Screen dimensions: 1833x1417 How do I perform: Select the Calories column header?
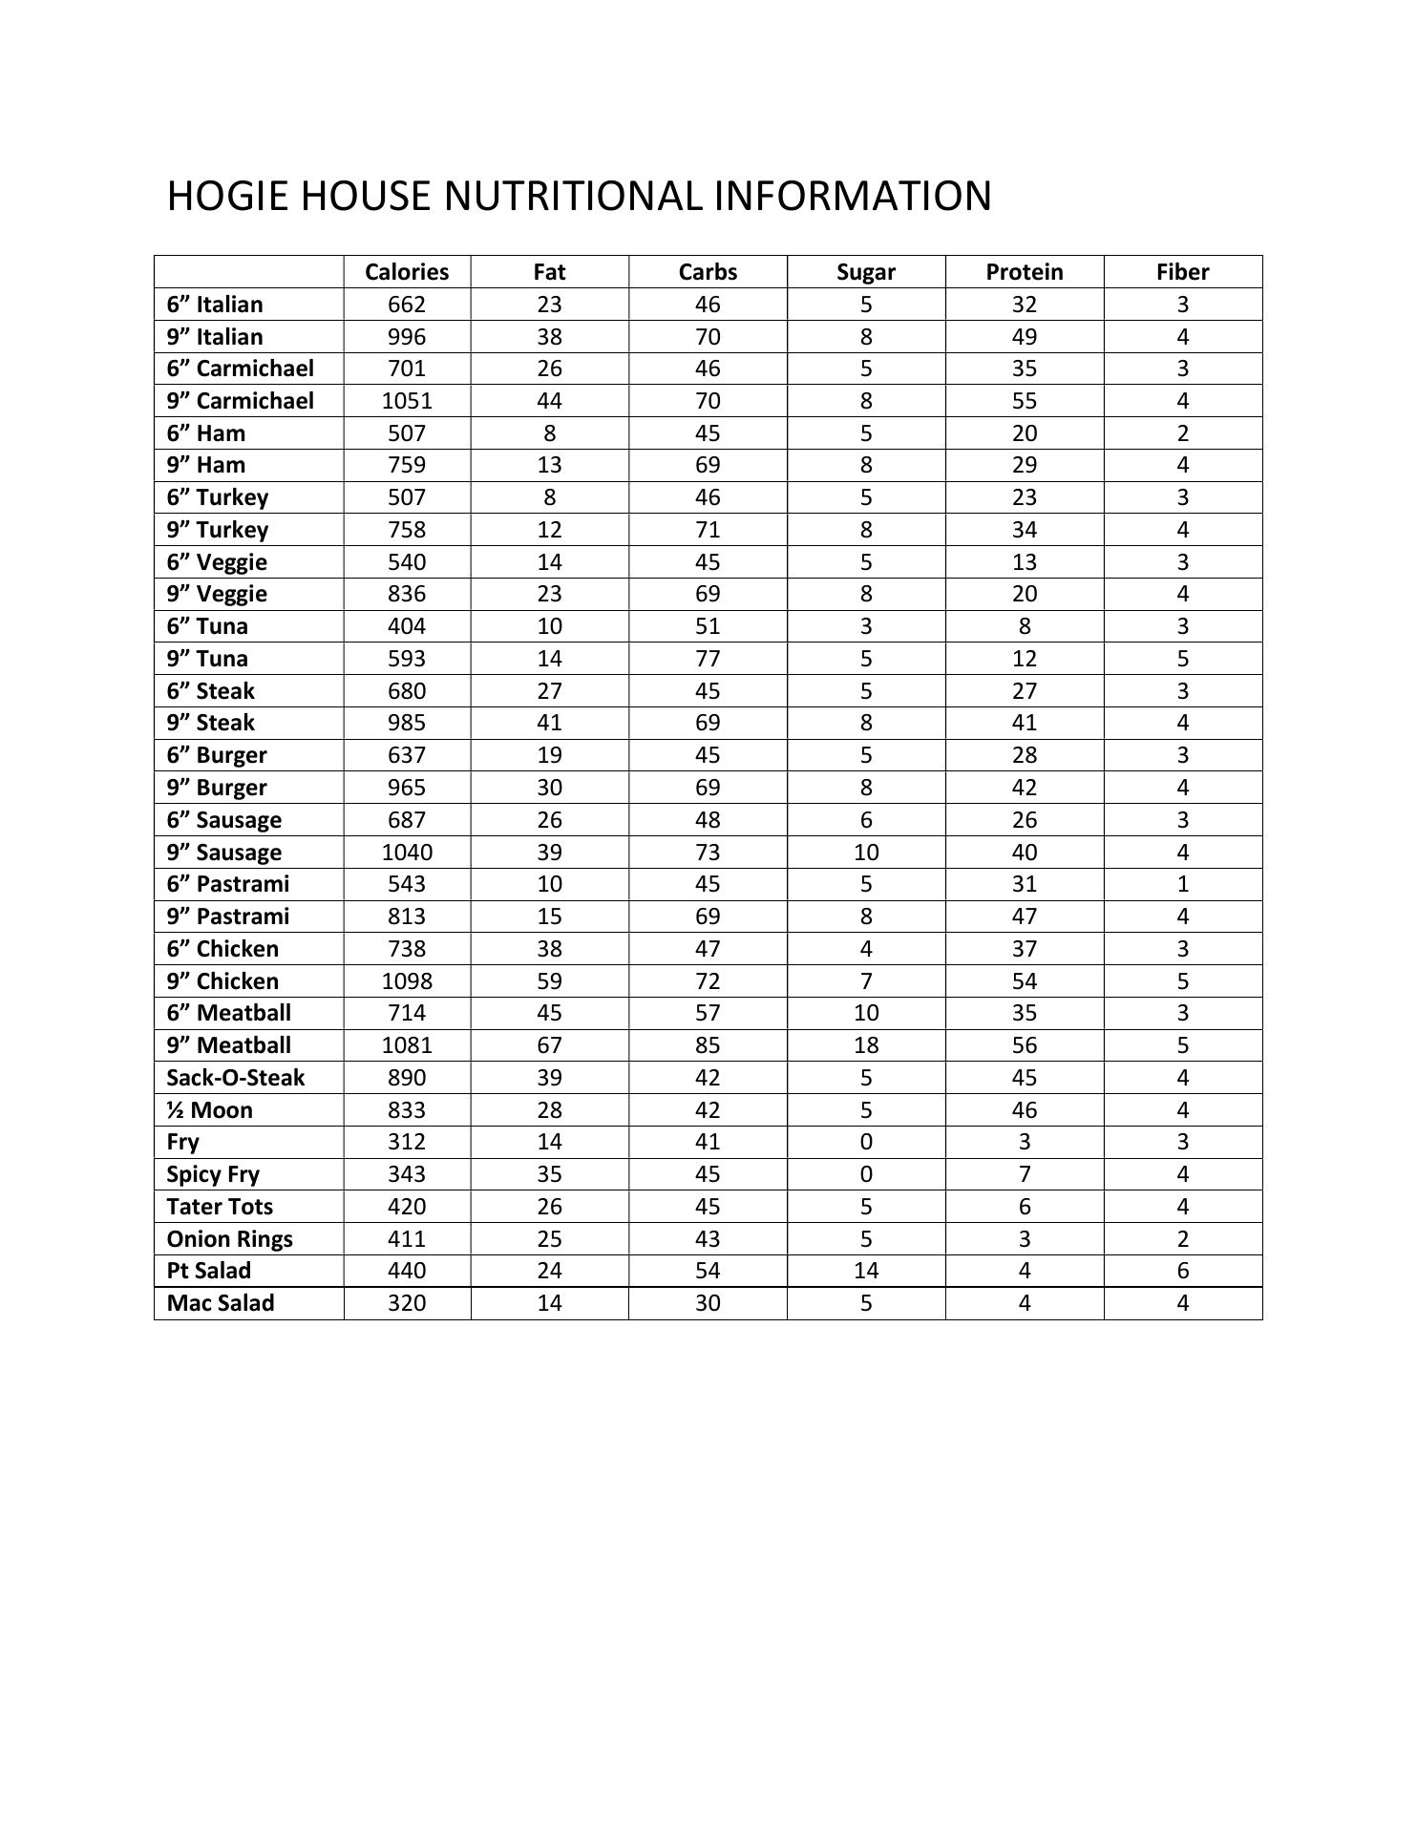click(407, 272)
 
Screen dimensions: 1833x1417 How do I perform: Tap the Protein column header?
click(1024, 272)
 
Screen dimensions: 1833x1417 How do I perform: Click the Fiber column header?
click(1182, 272)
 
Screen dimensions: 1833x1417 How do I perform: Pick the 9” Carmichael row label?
click(240, 401)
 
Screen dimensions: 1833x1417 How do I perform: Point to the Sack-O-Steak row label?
click(235, 1078)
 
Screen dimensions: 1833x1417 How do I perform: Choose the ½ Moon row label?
click(209, 1110)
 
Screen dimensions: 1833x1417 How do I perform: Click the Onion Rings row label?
click(229, 1239)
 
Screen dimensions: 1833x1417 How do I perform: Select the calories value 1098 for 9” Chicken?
click(407, 981)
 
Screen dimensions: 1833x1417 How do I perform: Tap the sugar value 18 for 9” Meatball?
click(866, 1045)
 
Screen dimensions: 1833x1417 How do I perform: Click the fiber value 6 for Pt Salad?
click(1182, 1271)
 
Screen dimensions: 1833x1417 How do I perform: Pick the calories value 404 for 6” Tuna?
click(407, 626)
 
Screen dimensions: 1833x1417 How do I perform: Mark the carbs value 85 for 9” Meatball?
click(708, 1045)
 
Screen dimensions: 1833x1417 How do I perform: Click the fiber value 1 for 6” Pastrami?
click(1182, 884)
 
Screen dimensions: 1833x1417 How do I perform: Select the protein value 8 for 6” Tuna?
click(1024, 626)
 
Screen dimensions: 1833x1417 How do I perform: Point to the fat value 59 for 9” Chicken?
click(549, 981)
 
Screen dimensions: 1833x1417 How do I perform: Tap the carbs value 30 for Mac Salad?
click(708, 1303)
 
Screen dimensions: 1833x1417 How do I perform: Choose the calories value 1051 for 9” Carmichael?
click(407, 401)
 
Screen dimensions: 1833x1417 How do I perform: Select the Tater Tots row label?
click(220, 1207)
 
